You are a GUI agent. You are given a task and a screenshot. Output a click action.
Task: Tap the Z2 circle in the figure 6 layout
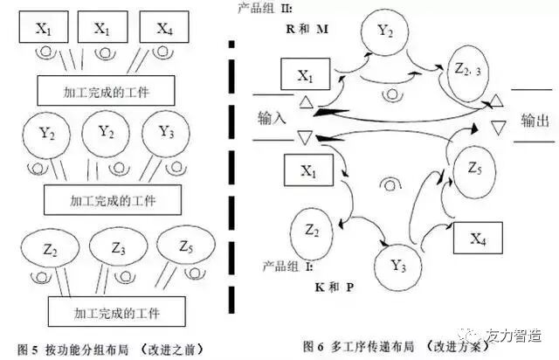click(x=312, y=231)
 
